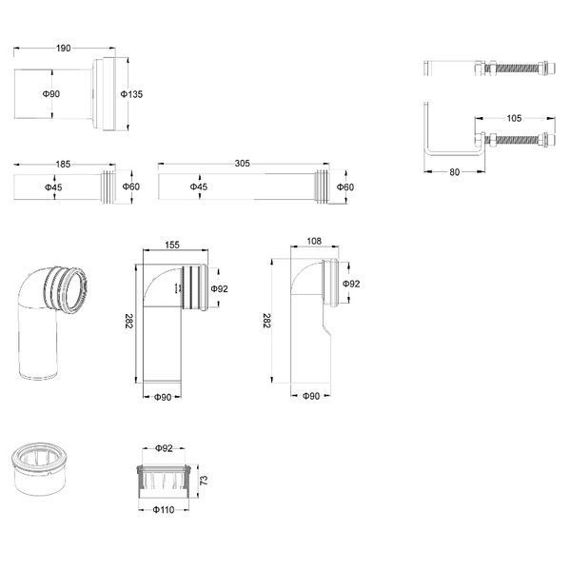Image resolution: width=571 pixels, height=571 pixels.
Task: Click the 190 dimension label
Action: point(64,49)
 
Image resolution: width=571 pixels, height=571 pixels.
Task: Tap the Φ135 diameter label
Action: point(131,94)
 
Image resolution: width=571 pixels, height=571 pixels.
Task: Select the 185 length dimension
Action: point(63,165)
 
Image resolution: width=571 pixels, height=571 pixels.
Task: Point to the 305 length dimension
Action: point(242,164)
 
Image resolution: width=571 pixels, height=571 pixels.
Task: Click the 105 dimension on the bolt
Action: point(514,118)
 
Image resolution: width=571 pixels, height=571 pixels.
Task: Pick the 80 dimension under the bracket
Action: point(455,172)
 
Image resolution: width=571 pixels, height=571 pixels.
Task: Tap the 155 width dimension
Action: point(172,245)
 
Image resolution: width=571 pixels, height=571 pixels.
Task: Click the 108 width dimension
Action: point(314,241)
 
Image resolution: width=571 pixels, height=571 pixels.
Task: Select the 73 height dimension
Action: point(204,480)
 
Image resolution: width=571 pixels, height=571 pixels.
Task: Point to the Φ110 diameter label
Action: point(164,509)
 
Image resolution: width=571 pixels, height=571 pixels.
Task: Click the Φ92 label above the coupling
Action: point(164,448)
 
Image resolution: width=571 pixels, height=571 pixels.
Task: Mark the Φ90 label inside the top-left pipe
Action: point(51,94)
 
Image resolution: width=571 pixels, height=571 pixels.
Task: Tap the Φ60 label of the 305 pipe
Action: point(345,187)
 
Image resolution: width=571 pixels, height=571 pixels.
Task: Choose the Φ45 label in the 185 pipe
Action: point(53,187)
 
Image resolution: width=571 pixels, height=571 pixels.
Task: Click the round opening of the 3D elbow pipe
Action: point(75,290)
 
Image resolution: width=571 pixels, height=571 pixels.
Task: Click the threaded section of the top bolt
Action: point(519,69)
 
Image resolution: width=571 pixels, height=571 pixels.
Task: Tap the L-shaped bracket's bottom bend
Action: point(429,151)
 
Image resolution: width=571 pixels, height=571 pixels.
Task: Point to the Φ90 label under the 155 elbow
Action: point(163,397)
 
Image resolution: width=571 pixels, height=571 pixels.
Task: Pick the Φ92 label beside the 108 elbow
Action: point(351,284)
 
